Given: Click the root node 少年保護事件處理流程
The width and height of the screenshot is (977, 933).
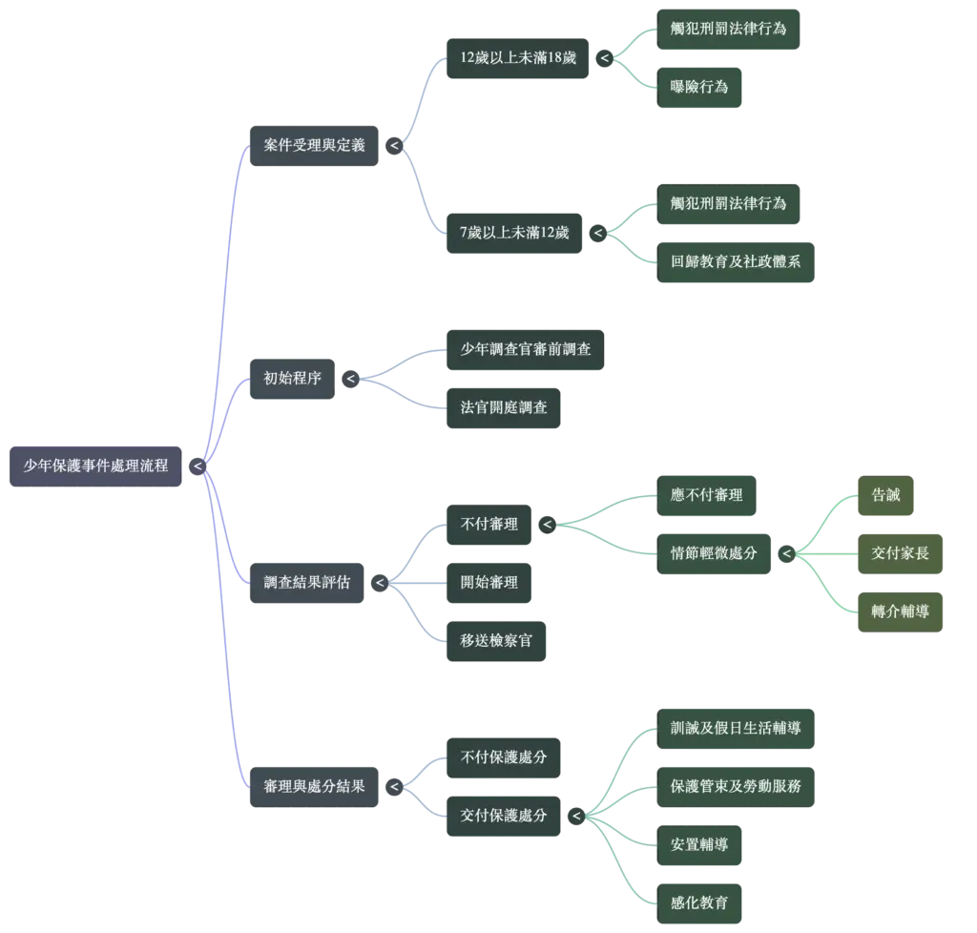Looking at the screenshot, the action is click(x=95, y=466).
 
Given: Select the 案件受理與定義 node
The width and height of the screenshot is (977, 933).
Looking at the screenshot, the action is click(x=314, y=146).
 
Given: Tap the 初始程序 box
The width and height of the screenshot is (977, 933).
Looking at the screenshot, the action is click(x=292, y=379).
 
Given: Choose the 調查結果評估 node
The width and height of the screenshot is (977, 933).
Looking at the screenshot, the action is click(x=306, y=583).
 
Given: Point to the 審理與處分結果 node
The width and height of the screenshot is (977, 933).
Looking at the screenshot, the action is click(x=314, y=787).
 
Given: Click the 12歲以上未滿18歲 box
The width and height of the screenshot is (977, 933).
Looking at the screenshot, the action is click(x=518, y=58).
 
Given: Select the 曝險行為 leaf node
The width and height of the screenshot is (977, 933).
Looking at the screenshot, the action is click(x=699, y=88).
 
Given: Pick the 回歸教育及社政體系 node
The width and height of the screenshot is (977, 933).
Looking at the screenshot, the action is click(x=736, y=262).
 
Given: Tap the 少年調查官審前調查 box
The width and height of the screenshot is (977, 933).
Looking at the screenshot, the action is click(x=526, y=350).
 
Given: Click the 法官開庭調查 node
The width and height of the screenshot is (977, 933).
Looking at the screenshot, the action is click(x=504, y=408).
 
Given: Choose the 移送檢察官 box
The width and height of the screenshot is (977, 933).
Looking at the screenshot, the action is click(x=496, y=641).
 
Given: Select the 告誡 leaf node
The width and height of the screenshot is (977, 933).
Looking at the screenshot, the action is click(x=885, y=496).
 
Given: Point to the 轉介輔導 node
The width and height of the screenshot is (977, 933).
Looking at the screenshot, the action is click(x=900, y=612).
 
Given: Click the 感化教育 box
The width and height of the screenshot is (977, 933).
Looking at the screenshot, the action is click(x=699, y=903).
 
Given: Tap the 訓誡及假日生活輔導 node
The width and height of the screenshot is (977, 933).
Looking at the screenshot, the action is click(x=736, y=729).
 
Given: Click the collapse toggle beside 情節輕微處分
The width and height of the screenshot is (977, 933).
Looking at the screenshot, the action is click(x=787, y=553).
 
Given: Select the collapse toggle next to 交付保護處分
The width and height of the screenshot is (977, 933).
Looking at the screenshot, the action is click(x=576, y=816).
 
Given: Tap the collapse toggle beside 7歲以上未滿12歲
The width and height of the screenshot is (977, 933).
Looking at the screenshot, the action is click(x=598, y=234).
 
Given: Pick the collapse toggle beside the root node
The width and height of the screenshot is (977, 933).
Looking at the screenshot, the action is click(x=197, y=466).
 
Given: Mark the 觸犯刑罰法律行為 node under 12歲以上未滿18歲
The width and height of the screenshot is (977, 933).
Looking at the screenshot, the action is click(x=728, y=30).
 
